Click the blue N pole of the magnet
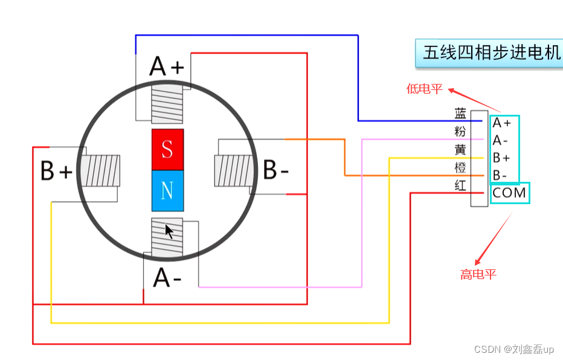[x=167, y=190]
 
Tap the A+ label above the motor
[x=166, y=66]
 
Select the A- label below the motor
[x=167, y=278]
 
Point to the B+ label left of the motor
[x=56, y=172]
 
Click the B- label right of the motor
[x=275, y=171]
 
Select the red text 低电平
[x=425, y=89]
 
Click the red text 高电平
[x=478, y=275]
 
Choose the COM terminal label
[x=509, y=193]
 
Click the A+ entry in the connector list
[x=502, y=123]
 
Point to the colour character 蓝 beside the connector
[x=460, y=114]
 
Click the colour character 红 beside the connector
[x=460, y=185]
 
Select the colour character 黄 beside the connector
[x=460, y=149]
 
